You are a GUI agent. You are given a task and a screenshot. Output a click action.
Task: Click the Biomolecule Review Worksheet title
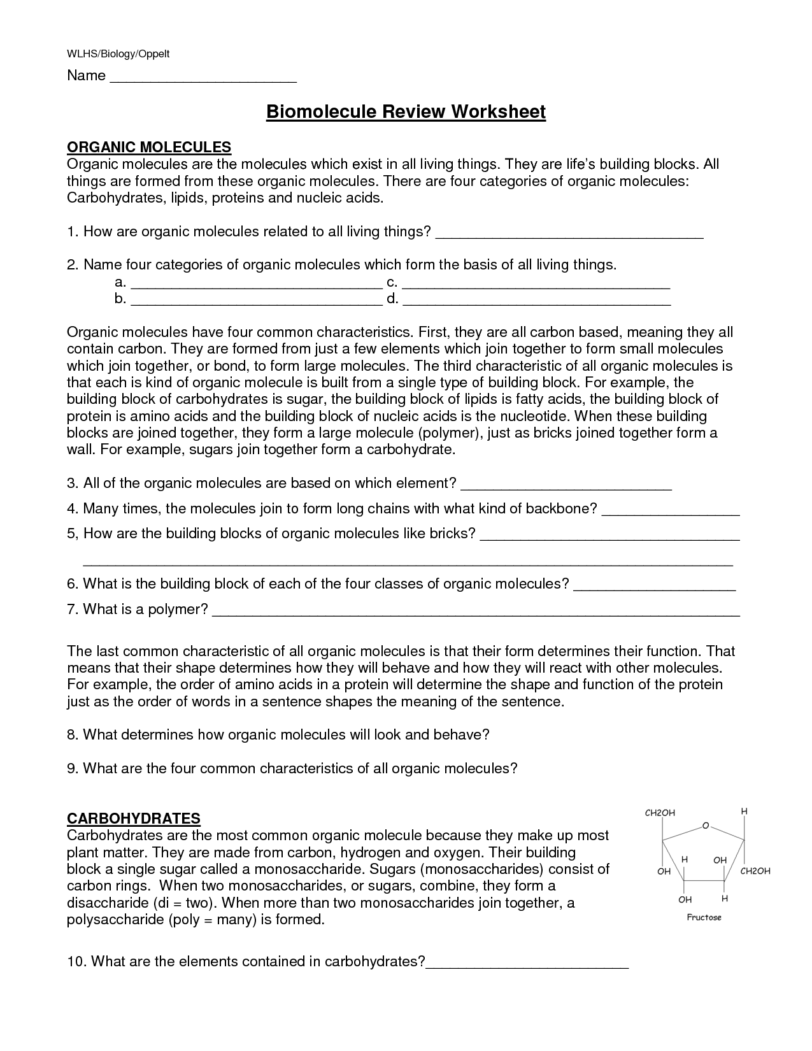(406, 112)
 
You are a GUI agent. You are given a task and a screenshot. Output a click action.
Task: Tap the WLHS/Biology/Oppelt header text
(118, 55)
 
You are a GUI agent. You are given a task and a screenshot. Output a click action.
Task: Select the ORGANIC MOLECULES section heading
(149, 148)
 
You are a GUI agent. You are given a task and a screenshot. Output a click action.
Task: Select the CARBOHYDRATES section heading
(134, 819)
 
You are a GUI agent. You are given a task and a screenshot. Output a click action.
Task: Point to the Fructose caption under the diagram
(704, 918)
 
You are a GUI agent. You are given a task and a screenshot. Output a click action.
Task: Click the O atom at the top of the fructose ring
(706, 826)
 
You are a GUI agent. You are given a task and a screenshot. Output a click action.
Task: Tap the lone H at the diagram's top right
(744, 811)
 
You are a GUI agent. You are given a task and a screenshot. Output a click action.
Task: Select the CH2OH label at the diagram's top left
(660, 813)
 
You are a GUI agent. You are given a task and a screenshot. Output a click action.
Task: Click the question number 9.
(72, 769)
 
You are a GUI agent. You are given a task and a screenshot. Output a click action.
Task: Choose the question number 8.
(72, 735)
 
